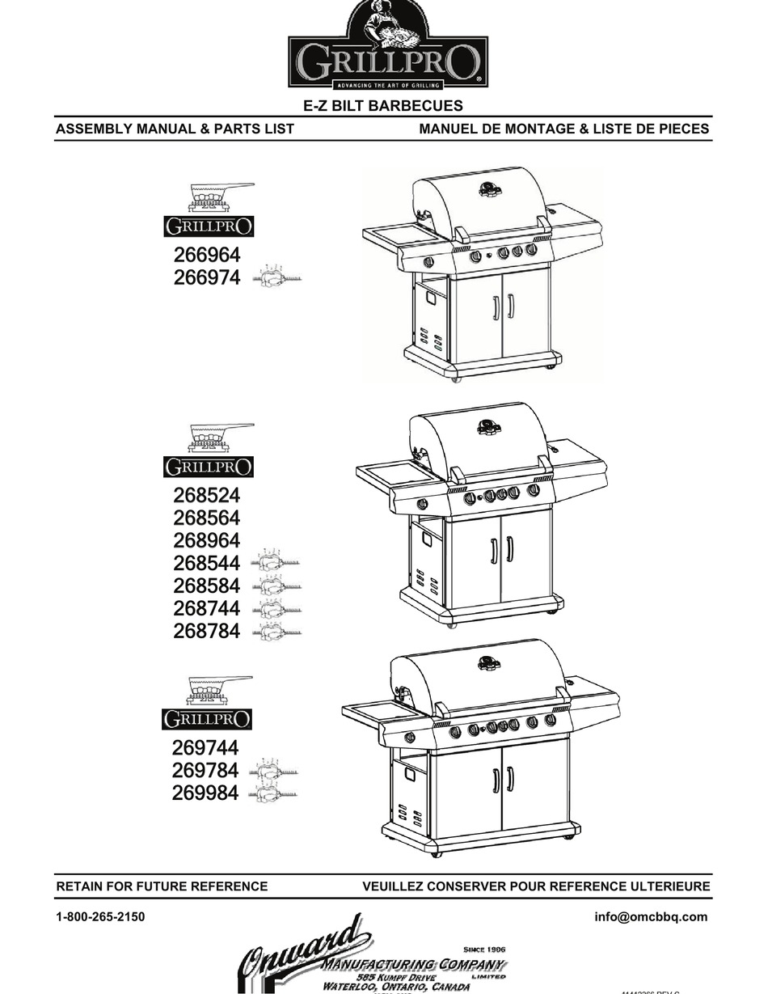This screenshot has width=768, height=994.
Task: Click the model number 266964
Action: coord(207,256)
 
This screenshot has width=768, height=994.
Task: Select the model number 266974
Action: coord(207,278)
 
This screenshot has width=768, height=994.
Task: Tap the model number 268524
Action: coord(207,495)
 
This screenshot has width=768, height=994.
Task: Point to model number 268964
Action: coord(207,540)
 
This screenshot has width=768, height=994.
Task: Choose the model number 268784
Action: coord(207,631)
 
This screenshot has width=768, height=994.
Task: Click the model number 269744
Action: coord(205,748)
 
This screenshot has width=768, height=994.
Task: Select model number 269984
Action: coord(205,793)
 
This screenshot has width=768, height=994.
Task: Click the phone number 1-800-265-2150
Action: coord(100,917)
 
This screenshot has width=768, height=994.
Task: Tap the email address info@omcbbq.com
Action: coord(651,917)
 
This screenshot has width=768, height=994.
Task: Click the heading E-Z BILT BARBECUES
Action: coord(383,106)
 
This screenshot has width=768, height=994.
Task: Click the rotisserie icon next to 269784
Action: coord(276,771)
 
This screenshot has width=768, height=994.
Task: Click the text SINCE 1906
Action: coord(484,949)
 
